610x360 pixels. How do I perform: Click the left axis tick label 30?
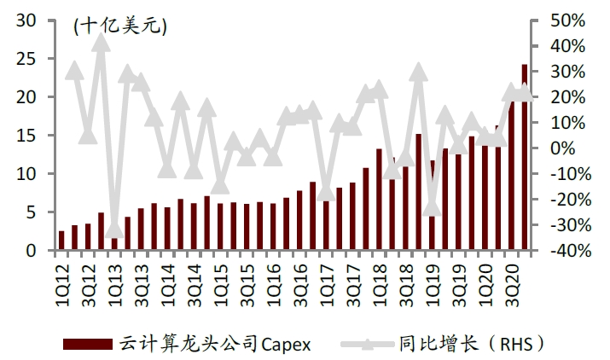pos(26,20)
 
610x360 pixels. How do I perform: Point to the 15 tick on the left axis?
pos(26,136)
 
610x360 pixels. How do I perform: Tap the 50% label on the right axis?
pos(567,20)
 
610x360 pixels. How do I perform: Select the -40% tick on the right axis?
pos(571,250)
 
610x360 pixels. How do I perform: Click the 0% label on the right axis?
pos(562,148)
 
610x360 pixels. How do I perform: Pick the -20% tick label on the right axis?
pos(571,200)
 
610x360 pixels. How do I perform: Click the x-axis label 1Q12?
pos(62,285)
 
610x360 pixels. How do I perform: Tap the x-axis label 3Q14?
pos(195,285)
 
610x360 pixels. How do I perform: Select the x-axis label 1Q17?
pos(327,285)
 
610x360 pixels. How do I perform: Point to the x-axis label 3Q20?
pos(512,285)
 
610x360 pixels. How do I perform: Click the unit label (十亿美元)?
pos(120,26)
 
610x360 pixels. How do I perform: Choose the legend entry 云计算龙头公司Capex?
pos(187,344)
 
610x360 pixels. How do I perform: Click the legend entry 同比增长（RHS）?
pos(443,344)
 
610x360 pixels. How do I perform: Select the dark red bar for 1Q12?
pos(61,241)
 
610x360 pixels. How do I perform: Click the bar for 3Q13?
pos(141,229)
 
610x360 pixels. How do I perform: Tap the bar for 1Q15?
pos(220,227)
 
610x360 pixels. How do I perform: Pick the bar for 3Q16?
pos(299,220)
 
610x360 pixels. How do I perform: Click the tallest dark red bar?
pos(525,157)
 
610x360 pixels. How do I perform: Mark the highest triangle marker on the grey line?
pos(101,43)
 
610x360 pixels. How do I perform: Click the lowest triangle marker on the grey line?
pos(114,229)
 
